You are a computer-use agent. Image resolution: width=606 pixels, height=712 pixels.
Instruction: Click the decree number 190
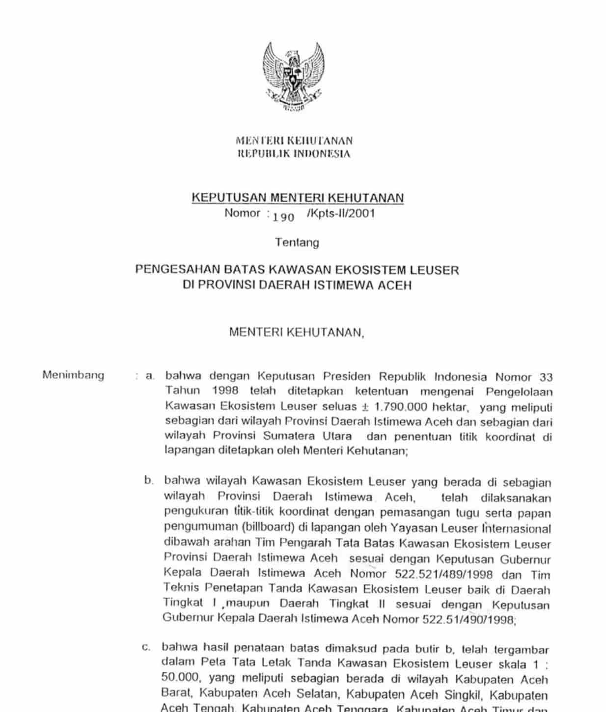point(283,216)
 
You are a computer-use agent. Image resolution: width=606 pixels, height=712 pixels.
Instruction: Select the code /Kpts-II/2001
point(340,213)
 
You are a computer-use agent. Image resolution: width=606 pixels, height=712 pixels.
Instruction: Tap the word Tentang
point(297,242)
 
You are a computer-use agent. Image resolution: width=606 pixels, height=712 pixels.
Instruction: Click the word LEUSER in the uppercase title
point(436,269)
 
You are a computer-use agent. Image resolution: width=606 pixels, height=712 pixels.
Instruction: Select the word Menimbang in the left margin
point(73,375)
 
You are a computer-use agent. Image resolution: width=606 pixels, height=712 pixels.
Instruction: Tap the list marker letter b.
point(149,480)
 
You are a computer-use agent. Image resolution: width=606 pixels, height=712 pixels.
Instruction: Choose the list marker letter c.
point(146,648)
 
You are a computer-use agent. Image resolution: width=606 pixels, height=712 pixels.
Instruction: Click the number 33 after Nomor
point(546,377)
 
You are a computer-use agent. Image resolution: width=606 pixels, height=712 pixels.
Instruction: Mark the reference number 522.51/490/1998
point(468,619)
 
